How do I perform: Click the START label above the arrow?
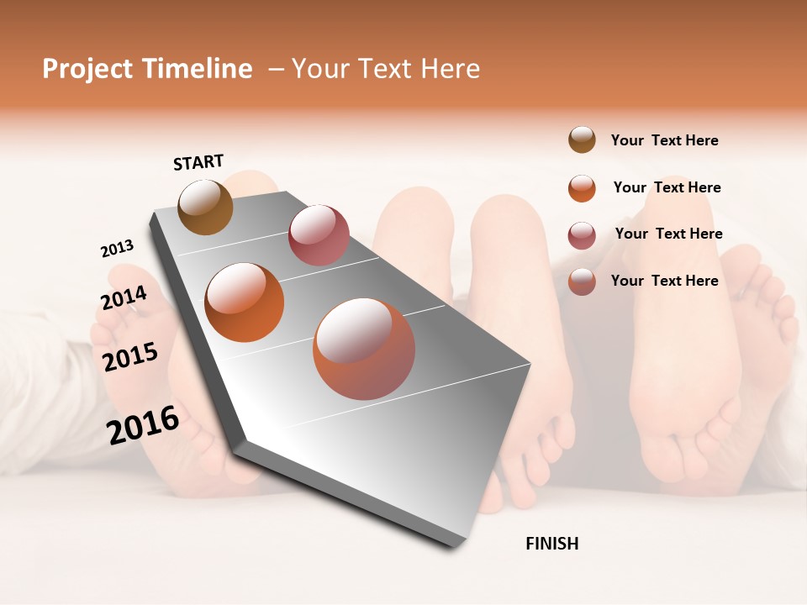pos(198,162)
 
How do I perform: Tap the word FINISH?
pos(551,544)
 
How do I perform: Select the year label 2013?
pos(117,249)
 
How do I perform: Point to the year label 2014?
pos(124,298)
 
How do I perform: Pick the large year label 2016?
pos(143,424)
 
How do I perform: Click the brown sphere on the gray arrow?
pos(206,207)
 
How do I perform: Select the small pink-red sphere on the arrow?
pos(319,234)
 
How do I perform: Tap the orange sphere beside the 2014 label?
pos(245,302)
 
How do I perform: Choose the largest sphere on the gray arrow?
pos(364,349)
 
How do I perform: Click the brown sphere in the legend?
pos(582,139)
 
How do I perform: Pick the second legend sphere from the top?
pos(582,188)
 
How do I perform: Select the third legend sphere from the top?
pos(582,235)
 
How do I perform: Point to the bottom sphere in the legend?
pos(582,281)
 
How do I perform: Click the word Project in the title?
pos(88,69)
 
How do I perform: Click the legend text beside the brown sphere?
pos(664,140)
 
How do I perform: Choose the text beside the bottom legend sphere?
pos(664,281)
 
